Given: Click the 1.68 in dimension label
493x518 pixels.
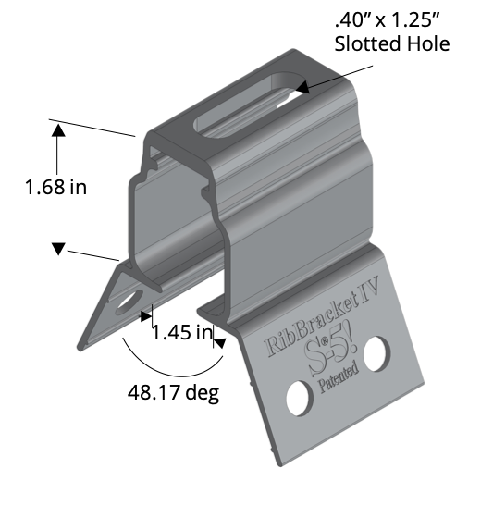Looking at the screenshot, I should click(x=55, y=188).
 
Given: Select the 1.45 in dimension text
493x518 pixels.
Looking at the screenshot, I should click(x=182, y=331).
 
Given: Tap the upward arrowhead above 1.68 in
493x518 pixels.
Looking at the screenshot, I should click(x=57, y=132).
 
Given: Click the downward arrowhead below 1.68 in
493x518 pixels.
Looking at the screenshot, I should click(x=57, y=248).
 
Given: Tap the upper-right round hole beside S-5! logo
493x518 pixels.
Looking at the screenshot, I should click(x=376, y=351).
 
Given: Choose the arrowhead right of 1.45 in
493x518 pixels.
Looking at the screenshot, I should click(x=219, y=341).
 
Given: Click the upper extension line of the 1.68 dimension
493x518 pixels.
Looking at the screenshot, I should click(x=92, y=128).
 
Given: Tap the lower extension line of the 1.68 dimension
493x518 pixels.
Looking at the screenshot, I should click(x=92, y=254).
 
